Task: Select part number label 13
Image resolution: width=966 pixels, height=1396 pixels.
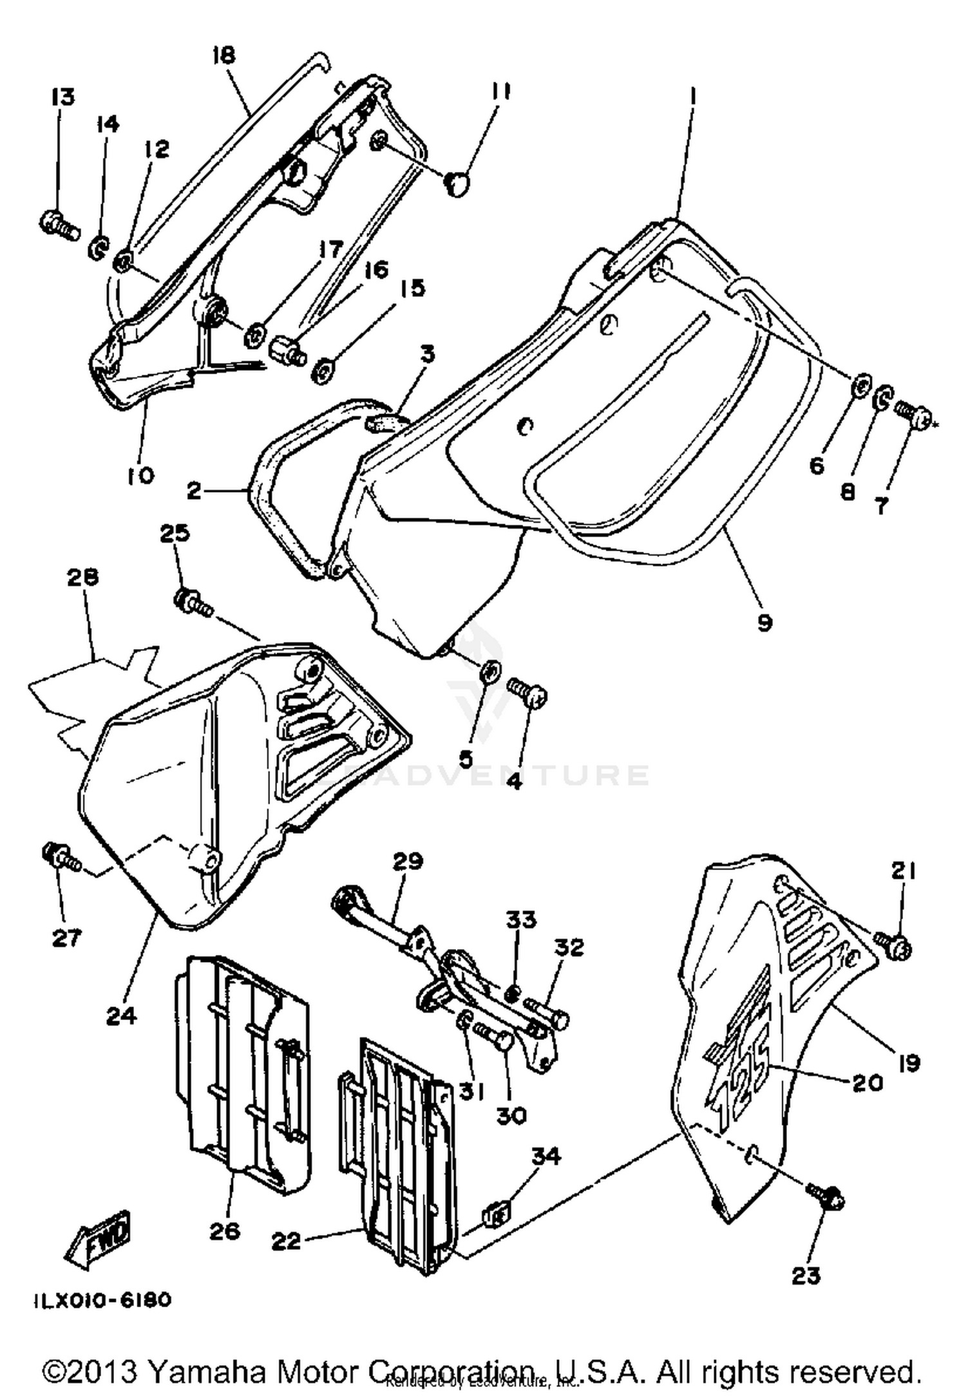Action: [x=64, y=97]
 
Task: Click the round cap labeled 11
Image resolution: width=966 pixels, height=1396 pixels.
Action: [x=457, y=184]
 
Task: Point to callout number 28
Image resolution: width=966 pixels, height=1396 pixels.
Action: [x=82, y=578]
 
